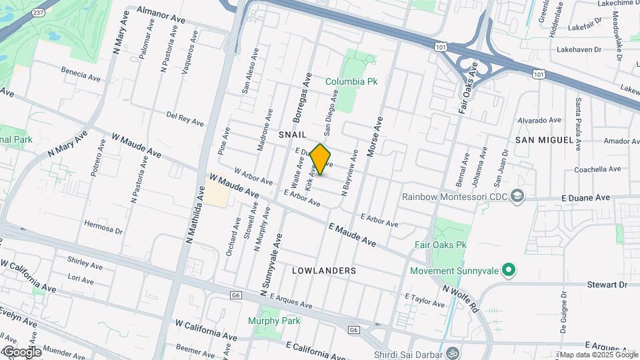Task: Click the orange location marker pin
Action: coord(321,159)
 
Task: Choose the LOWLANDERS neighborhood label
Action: coord(324,271)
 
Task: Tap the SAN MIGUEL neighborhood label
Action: coord(544,140)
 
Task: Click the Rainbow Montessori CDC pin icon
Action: coord(519,197)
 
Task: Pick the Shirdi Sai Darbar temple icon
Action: coord(453,352)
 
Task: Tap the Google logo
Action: coord(21,352)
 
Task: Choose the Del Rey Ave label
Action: coord(185,119)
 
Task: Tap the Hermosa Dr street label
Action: coord(104,226)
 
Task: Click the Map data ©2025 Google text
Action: coord(599,355)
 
